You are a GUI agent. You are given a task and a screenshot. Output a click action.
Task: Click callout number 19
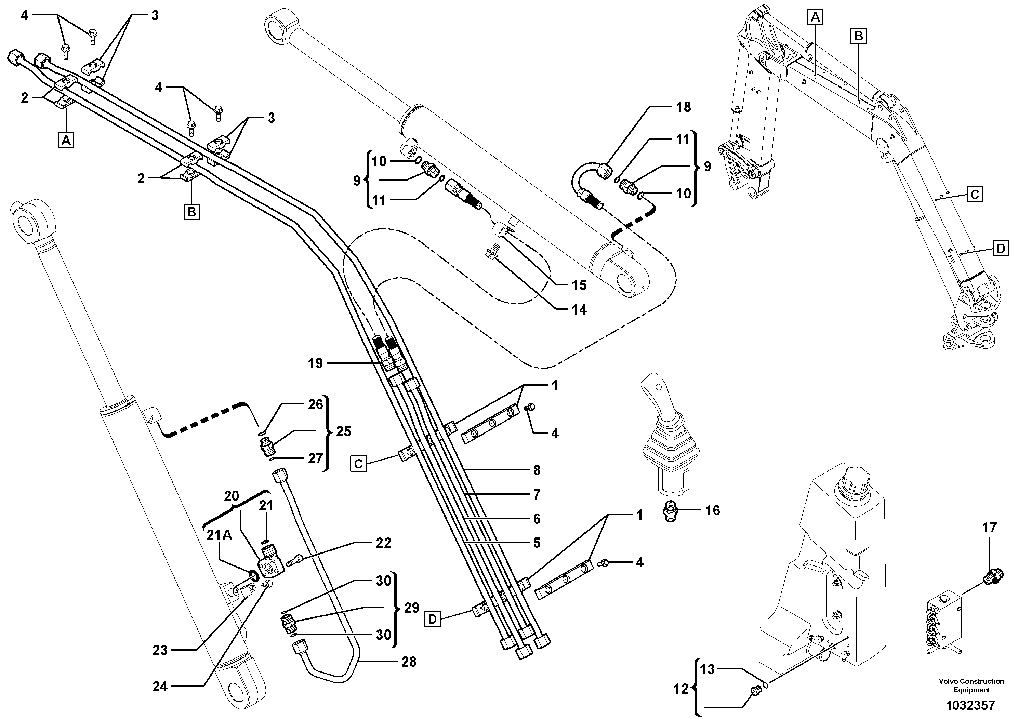click(x=316, y=363)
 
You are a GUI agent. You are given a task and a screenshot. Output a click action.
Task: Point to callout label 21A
click(x=220, y=535)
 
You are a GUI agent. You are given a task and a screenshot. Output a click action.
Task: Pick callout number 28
click(x=408, y=662)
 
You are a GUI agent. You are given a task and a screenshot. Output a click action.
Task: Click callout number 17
click(x=989, y=528)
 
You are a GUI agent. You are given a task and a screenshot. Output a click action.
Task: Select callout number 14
click(x=579, y=310)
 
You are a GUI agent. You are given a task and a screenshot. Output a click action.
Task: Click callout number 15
click(x=579, y=285)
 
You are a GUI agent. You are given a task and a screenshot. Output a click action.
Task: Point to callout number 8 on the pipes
click(x=537, y=470)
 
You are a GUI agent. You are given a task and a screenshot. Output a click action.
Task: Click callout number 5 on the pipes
click(x=537, y=543)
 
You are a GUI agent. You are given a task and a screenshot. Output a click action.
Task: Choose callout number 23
click(x=160, y=650)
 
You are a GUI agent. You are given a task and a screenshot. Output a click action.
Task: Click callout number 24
click(x=160, y=687)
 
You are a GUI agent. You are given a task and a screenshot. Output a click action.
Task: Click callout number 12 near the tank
click(x=680, y=689)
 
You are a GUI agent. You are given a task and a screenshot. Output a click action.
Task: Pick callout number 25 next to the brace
click(x=343, y=431)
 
